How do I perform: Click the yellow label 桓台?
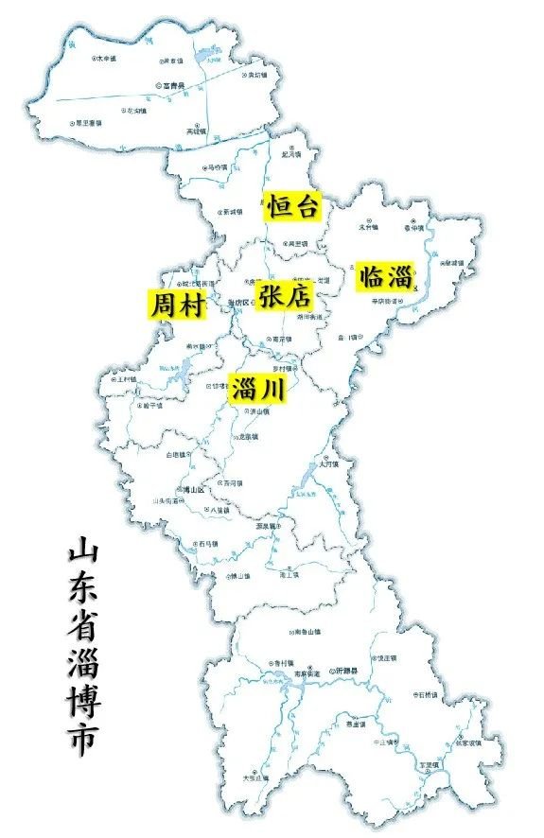pos(292,205)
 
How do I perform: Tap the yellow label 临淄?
pos(384,276)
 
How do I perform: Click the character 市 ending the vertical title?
pos(82,741)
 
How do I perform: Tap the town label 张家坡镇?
pos(467,742)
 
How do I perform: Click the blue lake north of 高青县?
pos(206,63)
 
